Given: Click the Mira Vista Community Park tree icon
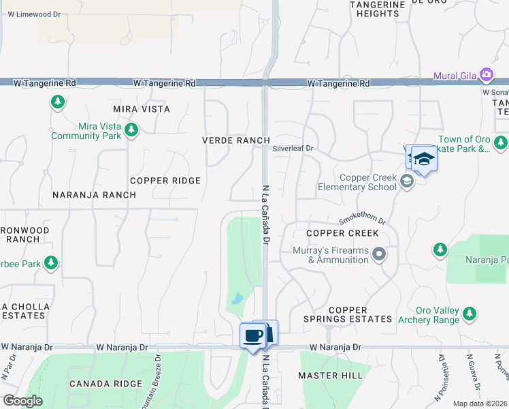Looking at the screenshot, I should pyautogui.click(x=132, y=130).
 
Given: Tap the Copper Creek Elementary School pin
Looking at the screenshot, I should pyautogui.click(x=407, y=181).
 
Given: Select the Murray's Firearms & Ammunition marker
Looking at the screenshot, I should pyautogui.click(x=379, y=255).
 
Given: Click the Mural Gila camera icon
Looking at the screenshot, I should pyautogui.click(x=486, y=74).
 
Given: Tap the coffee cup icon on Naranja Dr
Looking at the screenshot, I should pyautogui.click(x=253, y=335).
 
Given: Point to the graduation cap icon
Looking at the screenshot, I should pyautogui.click(x=423, y=159).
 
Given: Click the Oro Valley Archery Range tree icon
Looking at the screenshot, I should pyautogui.click(x=469, y=313).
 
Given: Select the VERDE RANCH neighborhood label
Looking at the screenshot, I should pyautogui.click(x=236, y=140).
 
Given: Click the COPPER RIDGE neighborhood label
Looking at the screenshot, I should pyautogui.click(x=165, y=181).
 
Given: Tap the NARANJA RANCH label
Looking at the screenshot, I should pyautogui.click(x=94, y=195).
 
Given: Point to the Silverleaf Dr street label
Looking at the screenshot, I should pyautogui.click(x=293, y=148).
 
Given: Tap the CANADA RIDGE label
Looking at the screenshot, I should pyautogui.click(x=105, y=384).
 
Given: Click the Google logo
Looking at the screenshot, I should pyautogui.click(x=22, y=401).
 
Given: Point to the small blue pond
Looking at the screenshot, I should pyautogui.click(x=237, y=299).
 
